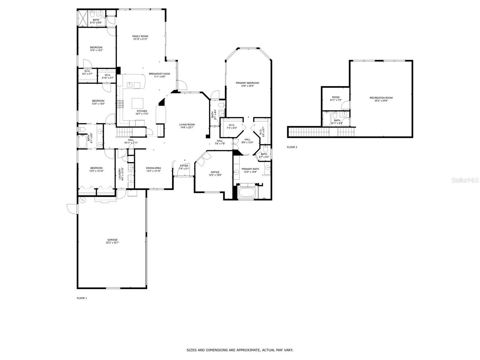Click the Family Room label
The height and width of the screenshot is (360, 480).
140,36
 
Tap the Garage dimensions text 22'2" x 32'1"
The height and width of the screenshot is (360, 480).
112,243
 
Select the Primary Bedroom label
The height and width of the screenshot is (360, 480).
247,83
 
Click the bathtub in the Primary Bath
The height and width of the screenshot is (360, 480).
247,192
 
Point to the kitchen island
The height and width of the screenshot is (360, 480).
138,103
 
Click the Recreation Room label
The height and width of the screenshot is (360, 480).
381,98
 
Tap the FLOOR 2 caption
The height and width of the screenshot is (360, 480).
292,147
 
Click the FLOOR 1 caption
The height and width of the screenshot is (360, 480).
82,298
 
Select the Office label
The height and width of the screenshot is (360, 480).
215,172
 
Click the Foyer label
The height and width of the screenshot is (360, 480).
184,166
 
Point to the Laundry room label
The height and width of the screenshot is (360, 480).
119,174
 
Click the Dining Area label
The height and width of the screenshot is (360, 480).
153,168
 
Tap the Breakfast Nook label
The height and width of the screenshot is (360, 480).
160,74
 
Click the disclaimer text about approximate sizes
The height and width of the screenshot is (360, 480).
240,350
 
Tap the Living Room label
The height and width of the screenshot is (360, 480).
187,124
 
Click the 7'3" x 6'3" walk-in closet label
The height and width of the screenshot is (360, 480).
232,126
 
